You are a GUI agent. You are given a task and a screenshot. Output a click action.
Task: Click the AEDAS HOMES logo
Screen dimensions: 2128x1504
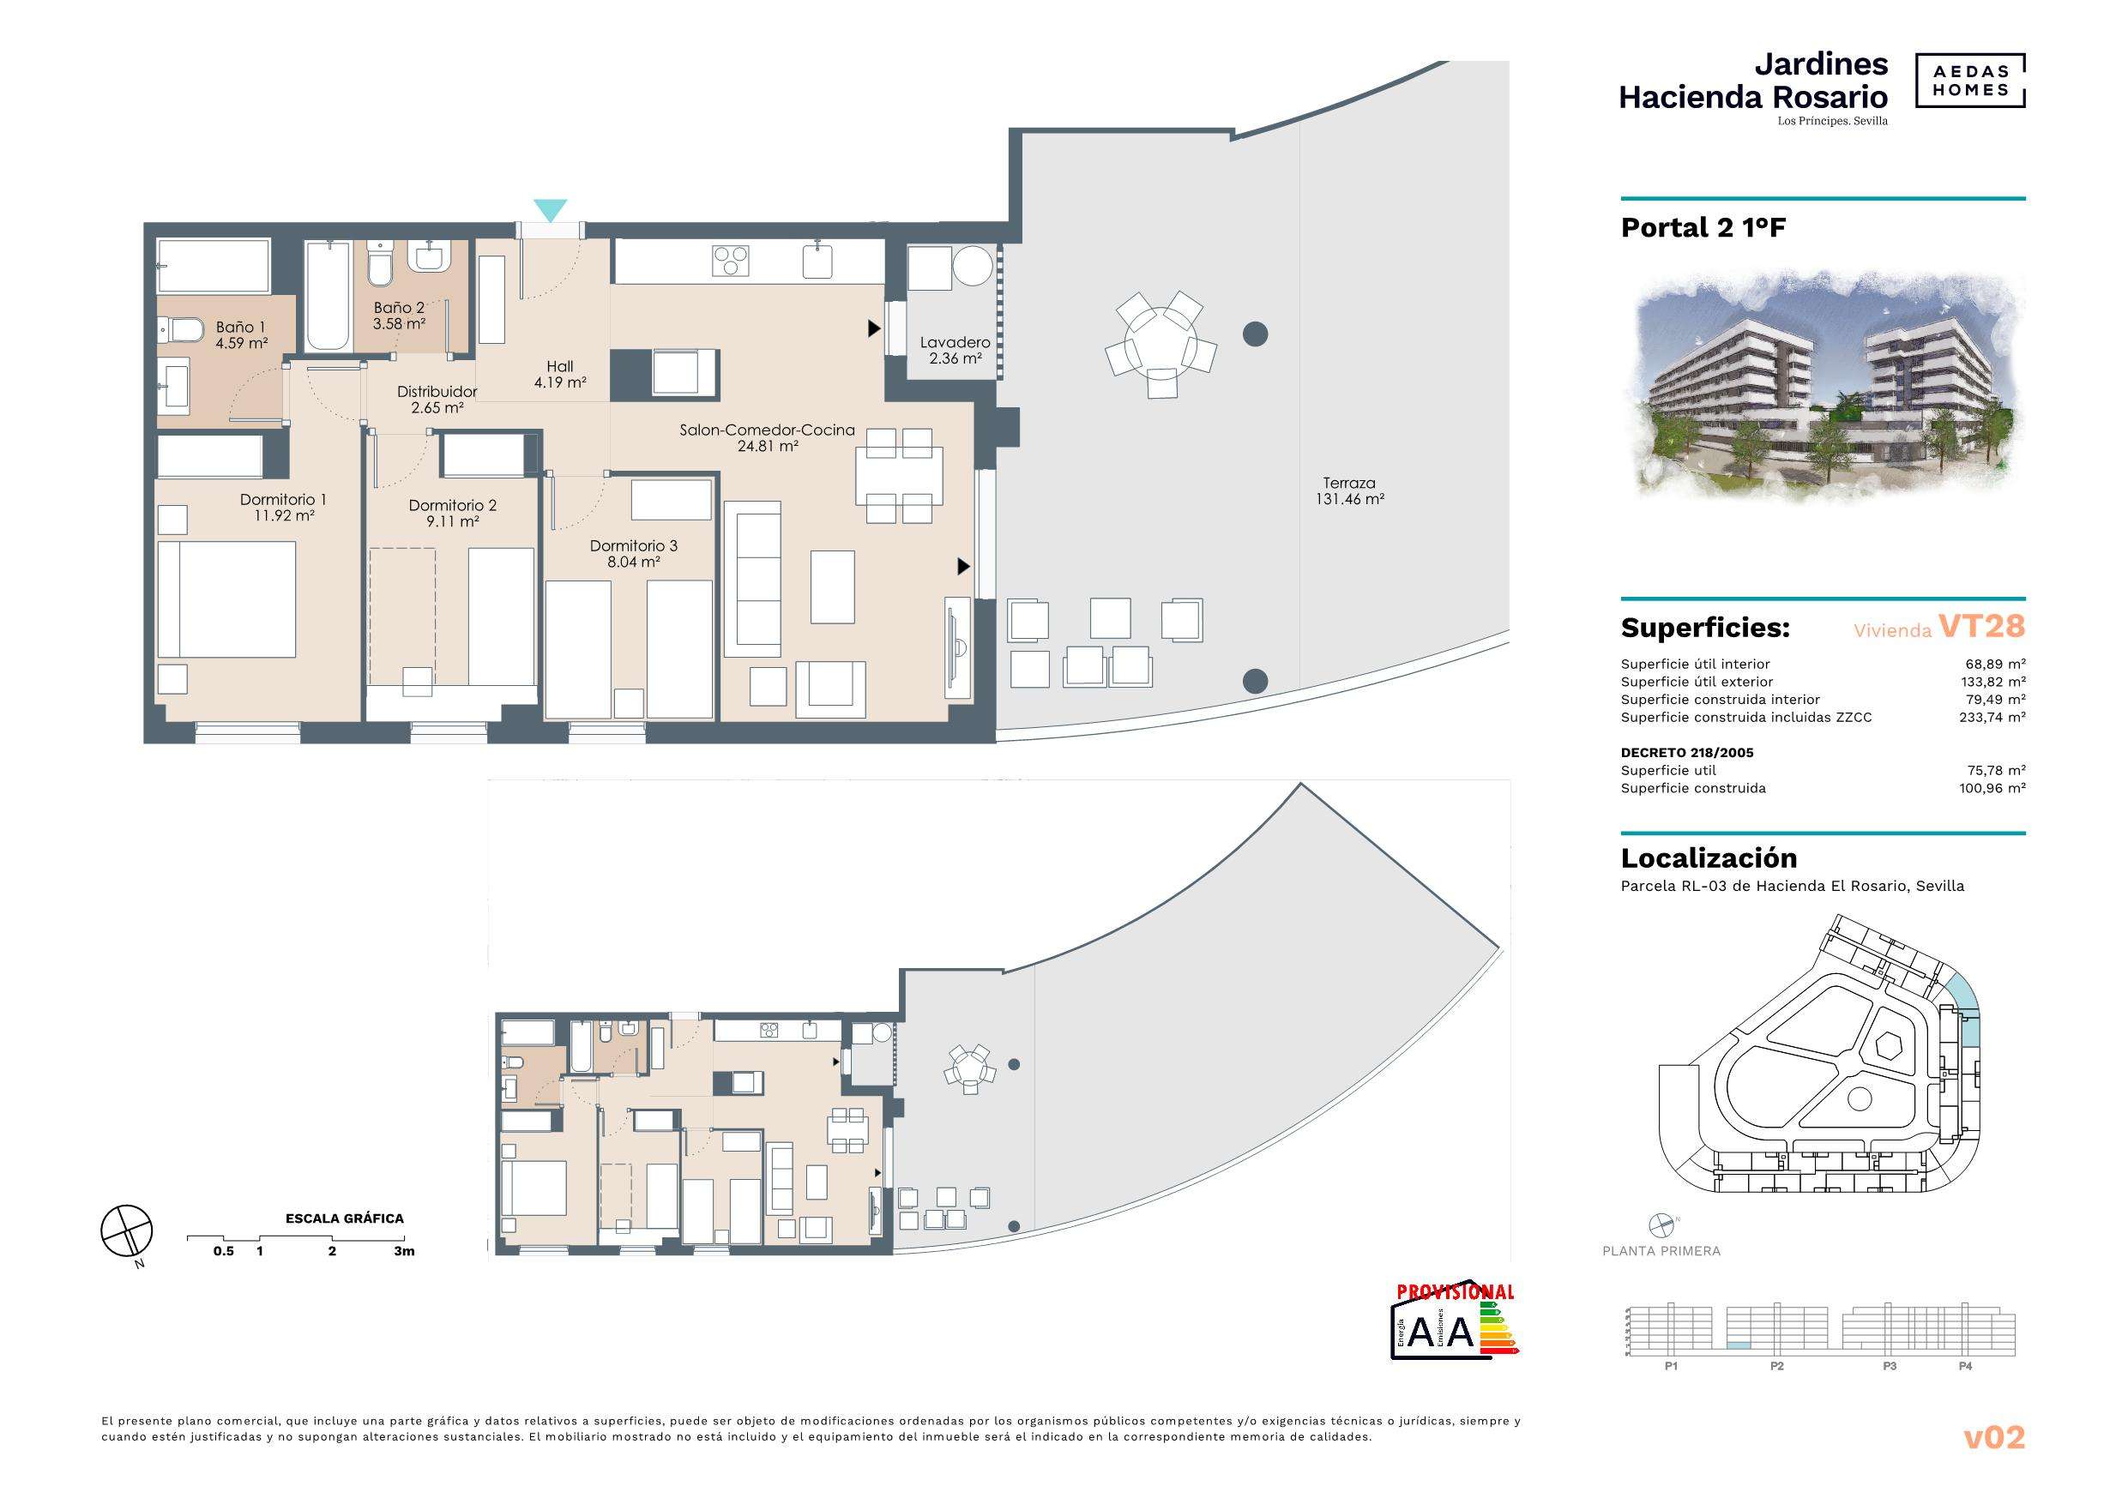point(1969,81)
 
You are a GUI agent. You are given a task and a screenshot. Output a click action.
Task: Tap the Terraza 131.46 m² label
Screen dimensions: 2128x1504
point(1349,491)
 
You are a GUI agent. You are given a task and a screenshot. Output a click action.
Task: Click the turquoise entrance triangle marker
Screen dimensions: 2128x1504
point(551,210)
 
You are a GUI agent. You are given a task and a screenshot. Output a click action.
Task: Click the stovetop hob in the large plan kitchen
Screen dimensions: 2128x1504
point(730,261)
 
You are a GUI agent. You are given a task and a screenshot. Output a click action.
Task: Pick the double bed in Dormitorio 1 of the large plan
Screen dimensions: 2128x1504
point(226,599)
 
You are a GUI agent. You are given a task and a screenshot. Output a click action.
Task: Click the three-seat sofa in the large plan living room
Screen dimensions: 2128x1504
point(752,574)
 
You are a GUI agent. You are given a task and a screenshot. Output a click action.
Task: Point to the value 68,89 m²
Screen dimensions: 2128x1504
point(1995,664)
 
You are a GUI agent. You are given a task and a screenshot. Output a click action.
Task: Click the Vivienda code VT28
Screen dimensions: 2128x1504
point(1981,627)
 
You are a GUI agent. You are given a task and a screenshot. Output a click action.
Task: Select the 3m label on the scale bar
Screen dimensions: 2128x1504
point(404,1251)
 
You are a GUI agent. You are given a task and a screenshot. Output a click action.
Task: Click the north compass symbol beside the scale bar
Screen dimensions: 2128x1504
point(126,1233)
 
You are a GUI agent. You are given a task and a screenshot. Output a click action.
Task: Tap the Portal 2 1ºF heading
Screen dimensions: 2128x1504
point(1703,228)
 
